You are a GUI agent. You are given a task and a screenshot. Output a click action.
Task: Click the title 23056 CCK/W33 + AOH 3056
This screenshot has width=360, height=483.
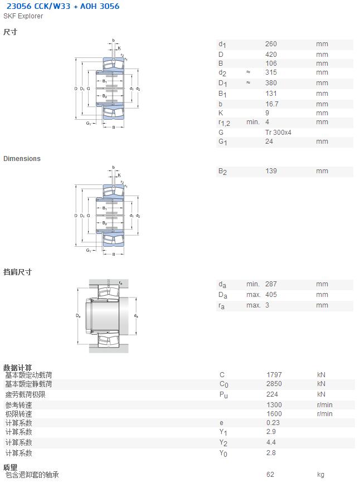tap(63, 6)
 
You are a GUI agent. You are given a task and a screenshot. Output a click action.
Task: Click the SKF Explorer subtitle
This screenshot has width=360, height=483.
tap(23, 16)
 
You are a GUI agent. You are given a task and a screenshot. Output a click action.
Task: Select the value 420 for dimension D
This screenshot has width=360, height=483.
tap(271, 55)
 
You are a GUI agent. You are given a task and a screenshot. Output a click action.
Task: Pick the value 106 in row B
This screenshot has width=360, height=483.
tap(271, 64)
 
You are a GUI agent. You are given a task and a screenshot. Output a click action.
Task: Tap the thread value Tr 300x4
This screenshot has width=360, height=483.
tap(278, 133)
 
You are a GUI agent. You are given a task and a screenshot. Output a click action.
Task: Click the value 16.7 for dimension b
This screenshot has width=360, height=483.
tap(272, 104)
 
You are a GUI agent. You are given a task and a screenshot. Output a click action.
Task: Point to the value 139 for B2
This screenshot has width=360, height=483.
tap(271, 171)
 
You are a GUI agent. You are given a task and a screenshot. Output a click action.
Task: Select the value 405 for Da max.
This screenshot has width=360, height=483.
tap(271, 295)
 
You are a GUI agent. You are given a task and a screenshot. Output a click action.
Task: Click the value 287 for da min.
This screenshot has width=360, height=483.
tap(271, 284)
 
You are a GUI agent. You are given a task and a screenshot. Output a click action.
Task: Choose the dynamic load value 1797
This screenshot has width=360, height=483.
tap(274, 375)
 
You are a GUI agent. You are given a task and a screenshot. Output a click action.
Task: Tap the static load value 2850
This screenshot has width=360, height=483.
tap(274, 384)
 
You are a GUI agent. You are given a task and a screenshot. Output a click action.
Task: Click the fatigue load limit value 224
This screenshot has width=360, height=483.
tap(272, 394)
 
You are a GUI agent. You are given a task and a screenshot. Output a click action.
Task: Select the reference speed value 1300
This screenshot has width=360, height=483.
tap(274, 405)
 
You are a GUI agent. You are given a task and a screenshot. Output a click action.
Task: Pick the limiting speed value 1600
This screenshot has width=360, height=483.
tap(274, 414)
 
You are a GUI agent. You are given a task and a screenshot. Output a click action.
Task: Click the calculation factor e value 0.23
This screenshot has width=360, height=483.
tap(273, 423)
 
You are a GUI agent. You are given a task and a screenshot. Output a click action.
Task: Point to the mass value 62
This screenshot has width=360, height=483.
tap(270, 475)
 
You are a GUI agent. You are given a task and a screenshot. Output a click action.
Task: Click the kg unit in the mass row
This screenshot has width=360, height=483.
tap(320, 475)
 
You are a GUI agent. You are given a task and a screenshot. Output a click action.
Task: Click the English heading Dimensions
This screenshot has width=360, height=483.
tap(22, 159)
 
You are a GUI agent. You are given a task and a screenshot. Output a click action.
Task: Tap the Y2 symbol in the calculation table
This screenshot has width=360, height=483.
tap(223, 443)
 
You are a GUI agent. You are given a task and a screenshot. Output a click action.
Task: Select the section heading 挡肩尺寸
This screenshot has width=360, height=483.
tap(17, 272)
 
